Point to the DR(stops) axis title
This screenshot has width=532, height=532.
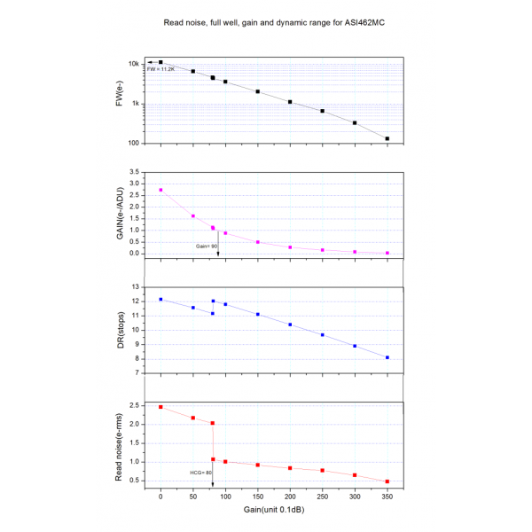coord(120,329)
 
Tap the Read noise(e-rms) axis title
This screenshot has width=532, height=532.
coord(120,443)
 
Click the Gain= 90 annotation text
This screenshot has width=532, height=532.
coord(206,246)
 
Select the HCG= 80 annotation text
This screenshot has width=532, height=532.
coord(202,473)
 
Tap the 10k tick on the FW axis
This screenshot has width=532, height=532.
coord(133,64)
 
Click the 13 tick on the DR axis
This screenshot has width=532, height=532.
coord(136,287)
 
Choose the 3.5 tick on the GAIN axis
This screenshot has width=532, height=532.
coord(134,171)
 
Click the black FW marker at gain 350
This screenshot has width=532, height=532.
coord(387,138)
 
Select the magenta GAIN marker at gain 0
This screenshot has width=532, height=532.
coord(160,190)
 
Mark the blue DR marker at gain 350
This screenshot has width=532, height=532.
coord(387,357)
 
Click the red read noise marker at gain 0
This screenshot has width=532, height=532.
coord(160,407)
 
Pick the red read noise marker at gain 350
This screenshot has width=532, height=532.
coord(387,481)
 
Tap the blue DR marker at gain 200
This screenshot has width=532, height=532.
coord(290,325)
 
